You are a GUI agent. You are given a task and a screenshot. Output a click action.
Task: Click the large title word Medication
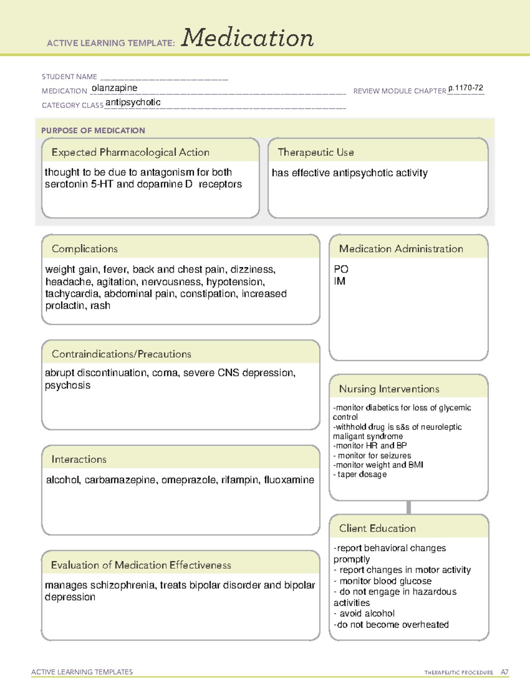point(247,38)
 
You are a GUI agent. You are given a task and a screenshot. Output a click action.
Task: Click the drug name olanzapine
point(114,88)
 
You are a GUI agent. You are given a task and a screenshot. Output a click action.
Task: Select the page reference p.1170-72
point(466,88)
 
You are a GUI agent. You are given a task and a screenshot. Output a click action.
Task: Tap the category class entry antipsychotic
point(133,102)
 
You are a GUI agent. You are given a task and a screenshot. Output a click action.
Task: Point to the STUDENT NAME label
point(69,77)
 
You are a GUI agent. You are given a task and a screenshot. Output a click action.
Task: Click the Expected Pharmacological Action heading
point(130,152)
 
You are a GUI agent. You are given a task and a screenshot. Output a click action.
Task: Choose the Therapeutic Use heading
point(315,152)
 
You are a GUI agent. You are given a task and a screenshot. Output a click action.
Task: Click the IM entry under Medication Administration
point(340,281)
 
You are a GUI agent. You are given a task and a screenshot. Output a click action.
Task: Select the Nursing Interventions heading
point(389,389)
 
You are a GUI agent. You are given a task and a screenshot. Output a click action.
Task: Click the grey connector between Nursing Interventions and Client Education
point(409,507)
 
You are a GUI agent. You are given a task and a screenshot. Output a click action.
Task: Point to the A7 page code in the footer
point(504,672)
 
